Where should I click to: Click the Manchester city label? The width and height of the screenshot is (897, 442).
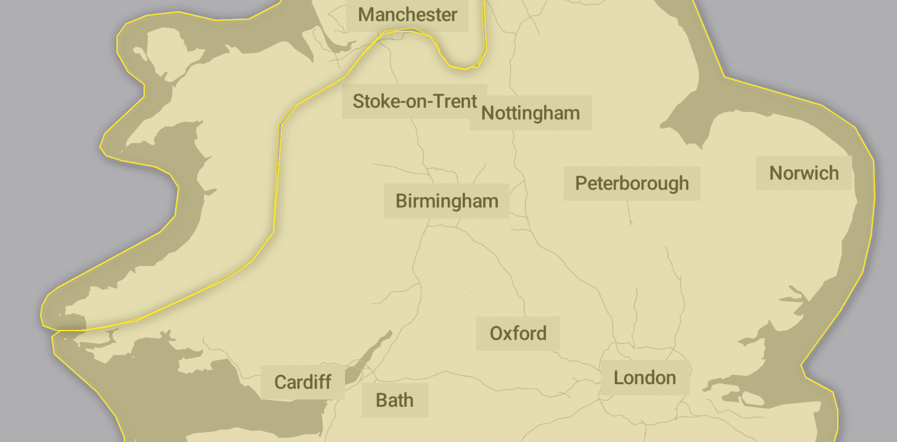click(407, 14)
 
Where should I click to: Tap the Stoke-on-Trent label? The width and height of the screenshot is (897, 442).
click(415, 101)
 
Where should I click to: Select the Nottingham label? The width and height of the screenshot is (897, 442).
click(530, 113)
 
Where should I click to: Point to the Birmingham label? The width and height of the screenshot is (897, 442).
click(447, 201)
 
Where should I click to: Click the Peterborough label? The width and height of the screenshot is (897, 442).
click(632, 183)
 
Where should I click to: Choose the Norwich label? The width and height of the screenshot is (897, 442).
click(804, 173)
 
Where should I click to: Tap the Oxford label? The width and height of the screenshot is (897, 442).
click(518, 333)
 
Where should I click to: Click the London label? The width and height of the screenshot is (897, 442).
click(644, 377)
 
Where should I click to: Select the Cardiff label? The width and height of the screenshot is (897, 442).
click(303, 382)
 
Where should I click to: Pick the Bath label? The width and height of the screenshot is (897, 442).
click(394, 400)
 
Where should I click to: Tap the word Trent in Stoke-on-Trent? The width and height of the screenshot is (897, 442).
click(457, 101)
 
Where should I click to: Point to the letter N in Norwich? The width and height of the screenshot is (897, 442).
click(776, 173)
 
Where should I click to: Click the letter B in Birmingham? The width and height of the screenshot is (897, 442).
click(401, 201)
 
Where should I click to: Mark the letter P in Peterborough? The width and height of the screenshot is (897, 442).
click(580, 183)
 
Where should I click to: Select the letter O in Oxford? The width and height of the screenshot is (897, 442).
click(497, 333)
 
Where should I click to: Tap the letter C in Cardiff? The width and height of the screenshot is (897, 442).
click(280, 382)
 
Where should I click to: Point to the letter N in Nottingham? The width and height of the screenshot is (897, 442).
click(487, 113)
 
